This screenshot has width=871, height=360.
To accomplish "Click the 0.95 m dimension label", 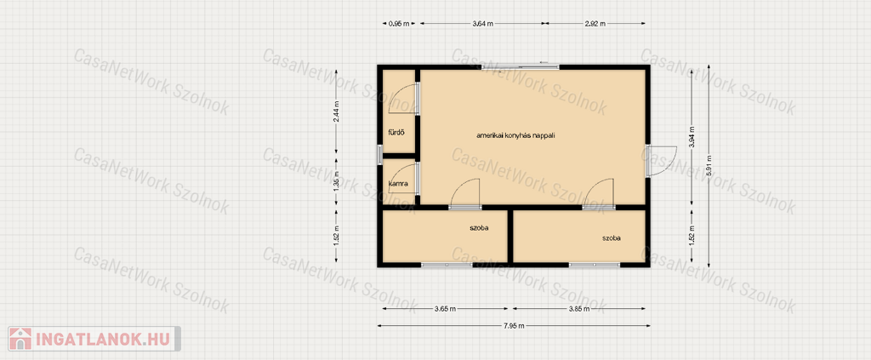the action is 400,23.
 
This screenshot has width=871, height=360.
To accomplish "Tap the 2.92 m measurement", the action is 595,23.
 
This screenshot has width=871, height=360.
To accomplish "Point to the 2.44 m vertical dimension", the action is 336,111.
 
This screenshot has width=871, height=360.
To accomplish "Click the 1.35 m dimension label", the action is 336,183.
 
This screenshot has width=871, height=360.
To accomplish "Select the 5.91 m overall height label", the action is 709,166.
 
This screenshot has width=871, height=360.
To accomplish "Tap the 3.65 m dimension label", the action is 446,308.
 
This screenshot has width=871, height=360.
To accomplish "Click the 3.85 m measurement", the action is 579,308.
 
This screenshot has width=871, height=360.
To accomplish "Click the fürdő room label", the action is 396,132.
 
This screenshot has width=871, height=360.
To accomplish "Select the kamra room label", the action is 399,183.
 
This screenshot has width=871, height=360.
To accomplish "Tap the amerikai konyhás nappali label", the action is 516,135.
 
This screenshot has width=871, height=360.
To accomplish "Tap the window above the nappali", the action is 521,66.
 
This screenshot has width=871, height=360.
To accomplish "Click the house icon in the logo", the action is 20,339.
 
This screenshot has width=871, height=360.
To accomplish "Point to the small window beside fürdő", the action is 380,154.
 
